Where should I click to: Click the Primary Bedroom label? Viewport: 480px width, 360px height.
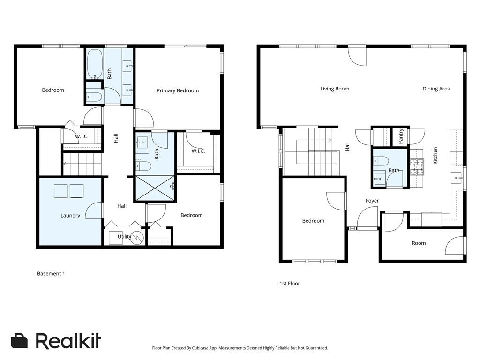point(178,90)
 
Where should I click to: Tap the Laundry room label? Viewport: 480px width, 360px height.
point(70,216)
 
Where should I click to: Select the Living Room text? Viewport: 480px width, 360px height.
point(335,89)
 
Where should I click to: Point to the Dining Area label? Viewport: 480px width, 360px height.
point(436,89)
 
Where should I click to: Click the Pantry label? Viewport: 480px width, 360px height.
point(401,137)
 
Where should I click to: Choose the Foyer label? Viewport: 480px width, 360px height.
point(372,201)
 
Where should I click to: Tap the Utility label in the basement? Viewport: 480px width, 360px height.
point(124,237)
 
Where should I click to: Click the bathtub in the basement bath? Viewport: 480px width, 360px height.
point(94,64)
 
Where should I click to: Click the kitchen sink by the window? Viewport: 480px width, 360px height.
point(456,178)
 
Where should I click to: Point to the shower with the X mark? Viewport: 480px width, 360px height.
point(155,188)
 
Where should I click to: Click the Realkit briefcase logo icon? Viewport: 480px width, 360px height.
point(19,341)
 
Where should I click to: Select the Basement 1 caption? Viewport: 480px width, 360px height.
point(51,273)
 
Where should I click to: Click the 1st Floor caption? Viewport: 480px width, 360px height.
point(289,284)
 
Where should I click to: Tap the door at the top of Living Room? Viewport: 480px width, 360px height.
point(357,55)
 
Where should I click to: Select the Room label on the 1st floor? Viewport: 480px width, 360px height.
point(419,243)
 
